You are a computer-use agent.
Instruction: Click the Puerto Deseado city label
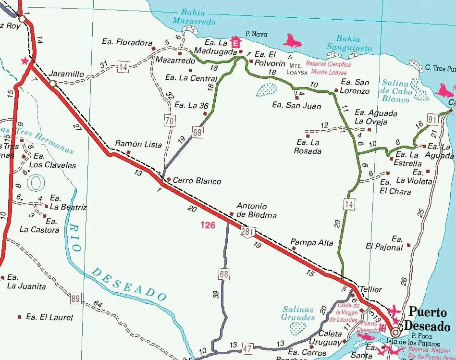[429, 319]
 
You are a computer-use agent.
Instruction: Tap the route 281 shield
[246, 232]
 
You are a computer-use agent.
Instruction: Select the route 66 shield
[224, 274]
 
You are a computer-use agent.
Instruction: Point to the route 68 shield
[197, 131]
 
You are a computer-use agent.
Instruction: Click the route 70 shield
[169, 121]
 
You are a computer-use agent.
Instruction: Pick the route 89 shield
[75, 298]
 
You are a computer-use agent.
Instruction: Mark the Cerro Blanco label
[197, 181]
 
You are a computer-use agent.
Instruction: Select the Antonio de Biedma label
[256, 211]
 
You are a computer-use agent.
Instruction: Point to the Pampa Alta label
[312, 243]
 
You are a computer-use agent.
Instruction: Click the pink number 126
[208, 224]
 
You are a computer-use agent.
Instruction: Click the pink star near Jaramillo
[25, 61]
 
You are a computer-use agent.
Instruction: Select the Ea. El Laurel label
[49, 317]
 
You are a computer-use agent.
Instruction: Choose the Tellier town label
[370, 289]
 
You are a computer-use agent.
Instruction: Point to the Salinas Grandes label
[298, 313]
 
